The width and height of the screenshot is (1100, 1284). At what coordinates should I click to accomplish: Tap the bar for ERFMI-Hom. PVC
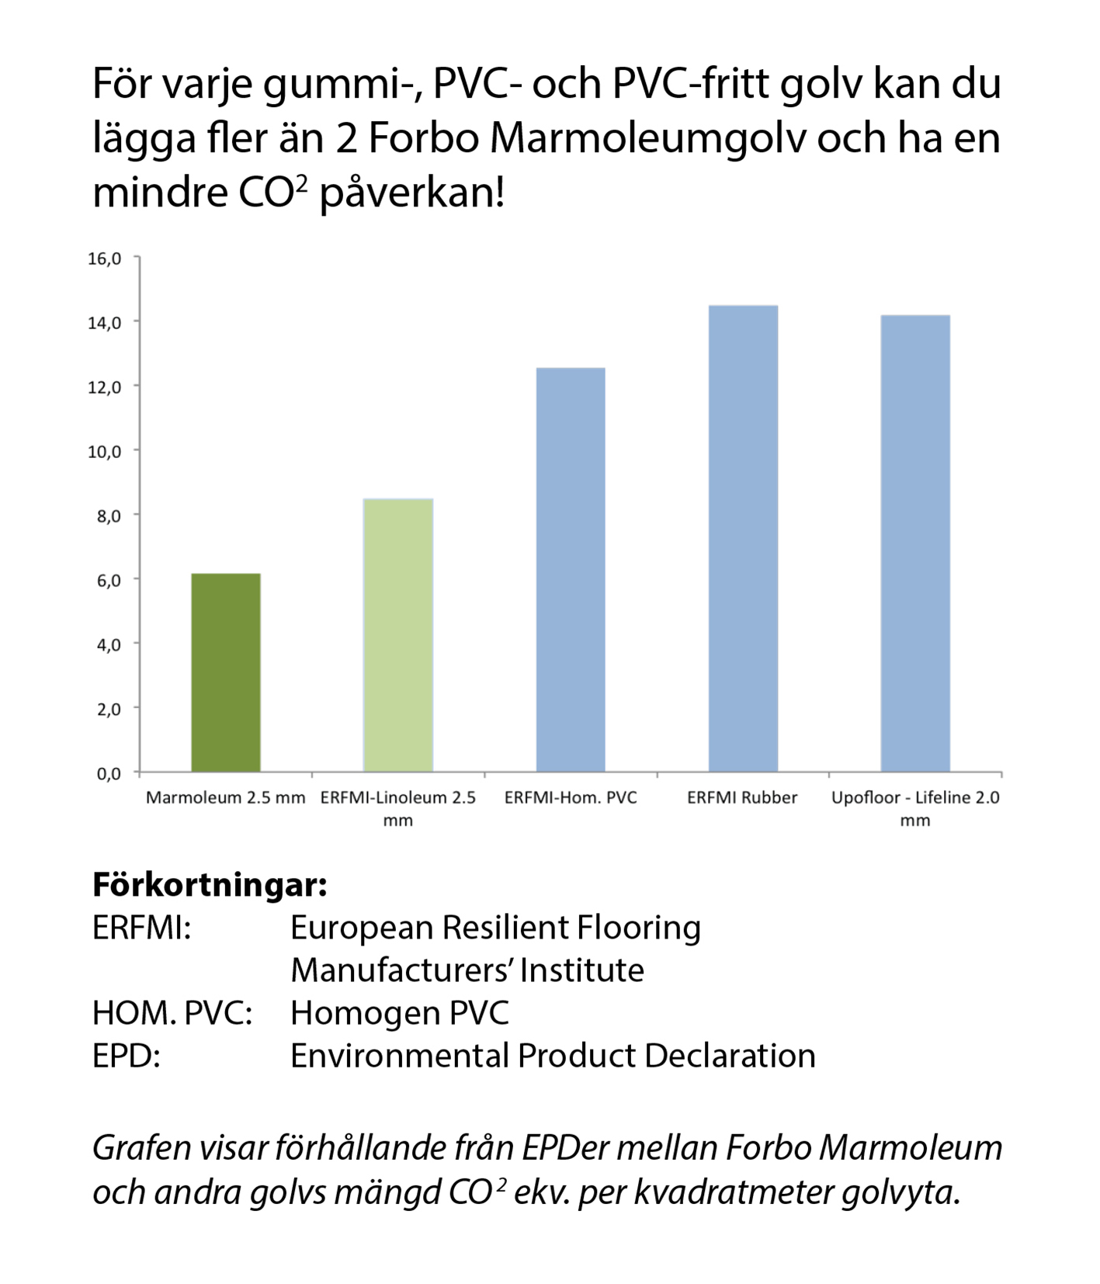[x=571, y=570]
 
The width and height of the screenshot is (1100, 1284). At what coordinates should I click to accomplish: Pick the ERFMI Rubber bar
[x=743, y=539]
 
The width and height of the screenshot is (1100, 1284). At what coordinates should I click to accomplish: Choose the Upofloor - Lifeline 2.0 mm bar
[x=915, y=543]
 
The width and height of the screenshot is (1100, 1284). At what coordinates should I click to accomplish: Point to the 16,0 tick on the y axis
[x=105, y=259]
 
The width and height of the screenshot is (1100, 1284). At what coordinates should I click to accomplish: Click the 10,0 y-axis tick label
[x=105, y=452]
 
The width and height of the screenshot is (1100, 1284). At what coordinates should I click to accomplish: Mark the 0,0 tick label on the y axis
[x=109, y=773]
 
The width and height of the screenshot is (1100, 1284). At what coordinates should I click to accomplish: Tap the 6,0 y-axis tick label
[x=109, y=581]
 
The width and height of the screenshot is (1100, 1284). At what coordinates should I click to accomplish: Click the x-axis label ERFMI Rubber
[x=742, y=797]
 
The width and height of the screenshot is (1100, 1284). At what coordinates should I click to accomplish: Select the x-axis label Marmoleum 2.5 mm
[x=225, y=797]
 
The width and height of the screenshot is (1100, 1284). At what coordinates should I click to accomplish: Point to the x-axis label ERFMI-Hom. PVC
[x=571, y=797]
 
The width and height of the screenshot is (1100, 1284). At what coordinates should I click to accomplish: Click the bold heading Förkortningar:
[x=210, y=884]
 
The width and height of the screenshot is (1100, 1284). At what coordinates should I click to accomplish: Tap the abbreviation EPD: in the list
[x=127, y=1056]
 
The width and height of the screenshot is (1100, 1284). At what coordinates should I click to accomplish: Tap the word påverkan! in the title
[x=412, y=193]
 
